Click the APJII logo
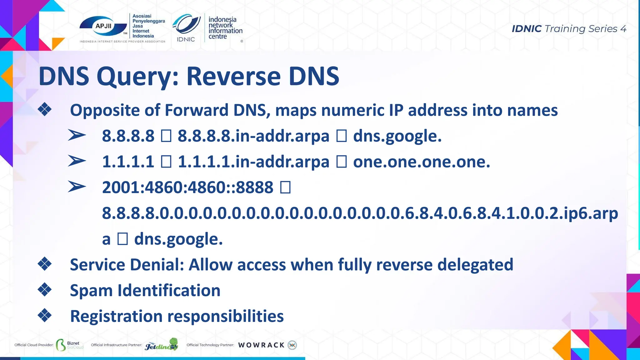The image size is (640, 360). pyautogui.click(x=103, y=27)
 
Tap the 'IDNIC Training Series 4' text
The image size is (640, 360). pyautogui.click(x=569, y=29)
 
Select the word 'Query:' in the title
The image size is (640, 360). pyautogui.click(x=138, y=77)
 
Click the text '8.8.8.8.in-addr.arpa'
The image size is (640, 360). pyautogui.click(x=253, y=136)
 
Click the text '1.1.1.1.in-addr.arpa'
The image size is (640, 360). pyautogui.click(x=253, y=162)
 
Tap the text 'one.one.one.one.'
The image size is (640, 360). pyautogui.click(x=422, y=162)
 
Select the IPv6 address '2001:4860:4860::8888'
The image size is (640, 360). pyautogui.click(x=188, y=187)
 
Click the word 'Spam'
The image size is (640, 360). pyautogui.click(x=91, y=291)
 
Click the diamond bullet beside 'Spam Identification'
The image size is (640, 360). pyautogui.click(x=45, y=290)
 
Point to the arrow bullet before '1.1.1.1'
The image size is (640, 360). pyautogui.click(x=77, y=161)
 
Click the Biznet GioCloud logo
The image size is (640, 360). pyautogui.click(x=70, y=345)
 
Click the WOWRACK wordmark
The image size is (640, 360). pyautogui.click(x=261, y=345)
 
